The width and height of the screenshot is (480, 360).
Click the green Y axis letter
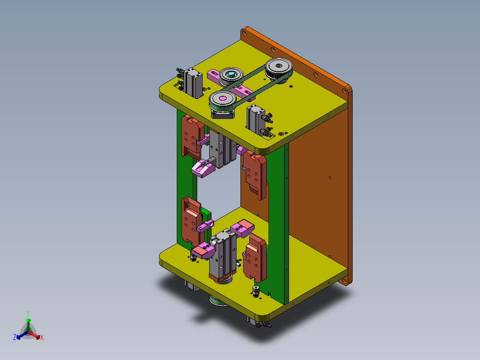tap(28, 313)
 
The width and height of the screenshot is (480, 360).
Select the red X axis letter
tap(42, 337)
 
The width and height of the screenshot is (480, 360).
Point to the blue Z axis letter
tap(14, 337)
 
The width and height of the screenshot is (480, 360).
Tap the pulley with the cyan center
tap(231, 76)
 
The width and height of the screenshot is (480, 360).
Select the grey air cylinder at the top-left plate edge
tap(192, 83)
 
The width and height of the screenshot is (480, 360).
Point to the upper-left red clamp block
tap(192, 136)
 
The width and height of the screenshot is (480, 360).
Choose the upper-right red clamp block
tap(255, 175)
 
